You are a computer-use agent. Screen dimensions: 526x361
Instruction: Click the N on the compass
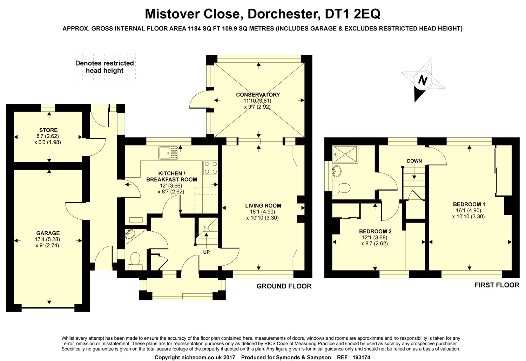click(423, 80)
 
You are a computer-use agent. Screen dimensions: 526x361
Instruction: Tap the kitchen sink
click(168, 153)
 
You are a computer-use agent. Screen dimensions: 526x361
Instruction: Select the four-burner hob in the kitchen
click(210, 168)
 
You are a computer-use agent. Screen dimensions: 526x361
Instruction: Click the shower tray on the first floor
click(345, 154)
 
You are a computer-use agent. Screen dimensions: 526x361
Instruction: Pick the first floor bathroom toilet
click(342, 188)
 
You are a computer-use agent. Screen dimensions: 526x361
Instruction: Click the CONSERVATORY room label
click(258, 95)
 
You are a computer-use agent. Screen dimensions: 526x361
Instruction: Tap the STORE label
click(48, 130)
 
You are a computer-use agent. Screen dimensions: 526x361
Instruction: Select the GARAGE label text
click(48, 233)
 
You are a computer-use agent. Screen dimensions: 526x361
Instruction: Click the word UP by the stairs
click(207, 252)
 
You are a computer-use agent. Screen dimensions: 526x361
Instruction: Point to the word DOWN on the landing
click(414, 161)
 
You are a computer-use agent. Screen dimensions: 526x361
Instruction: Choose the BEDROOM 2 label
click(375, 231)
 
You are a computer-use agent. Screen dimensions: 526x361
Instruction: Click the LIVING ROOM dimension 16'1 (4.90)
click(263, 212)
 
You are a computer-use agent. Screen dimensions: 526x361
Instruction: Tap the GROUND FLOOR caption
click(284, 286)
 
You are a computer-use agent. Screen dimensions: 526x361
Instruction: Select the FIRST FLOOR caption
click(497, 285)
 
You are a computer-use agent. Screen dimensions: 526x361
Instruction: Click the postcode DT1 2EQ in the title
click(352, 14)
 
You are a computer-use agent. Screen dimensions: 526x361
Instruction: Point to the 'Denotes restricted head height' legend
click(104, 67)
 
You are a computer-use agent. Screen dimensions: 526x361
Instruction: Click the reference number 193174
click(361, 357)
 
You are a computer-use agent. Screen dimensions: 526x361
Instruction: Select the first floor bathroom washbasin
click(337, 171)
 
